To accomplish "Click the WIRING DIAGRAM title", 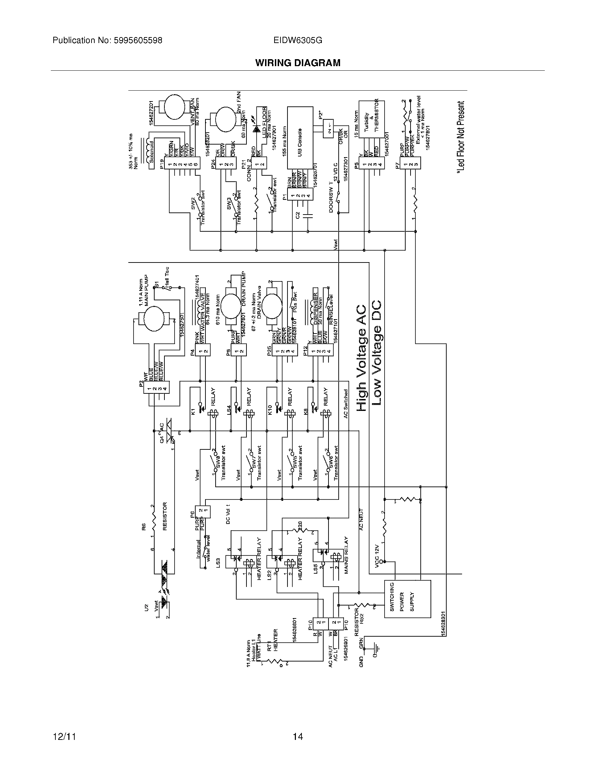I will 298,63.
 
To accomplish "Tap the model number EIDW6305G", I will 298,41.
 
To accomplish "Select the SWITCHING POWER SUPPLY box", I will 407,598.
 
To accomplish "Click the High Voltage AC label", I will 361,358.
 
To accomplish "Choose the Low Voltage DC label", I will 377,352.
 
